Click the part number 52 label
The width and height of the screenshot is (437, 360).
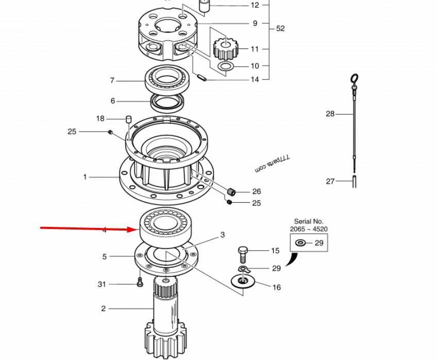(x=280, y=29)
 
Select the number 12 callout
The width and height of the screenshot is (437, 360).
(x=255, y=5)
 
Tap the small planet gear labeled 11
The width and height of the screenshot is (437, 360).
(x=225, y=48)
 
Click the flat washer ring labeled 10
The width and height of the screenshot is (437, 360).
(x=226, y=67)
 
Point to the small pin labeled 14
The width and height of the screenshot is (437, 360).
(x=202, y=78)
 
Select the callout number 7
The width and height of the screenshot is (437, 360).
(x=112, y=80)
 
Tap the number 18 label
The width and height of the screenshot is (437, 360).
(x=100, y=119)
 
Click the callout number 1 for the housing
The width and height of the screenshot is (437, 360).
(x=86, y=177)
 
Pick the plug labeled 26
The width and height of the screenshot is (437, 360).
(x=232, y=192)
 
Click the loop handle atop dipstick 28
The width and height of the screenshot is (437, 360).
(x=354, y=78)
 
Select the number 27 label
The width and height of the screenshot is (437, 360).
(x=330, y=181)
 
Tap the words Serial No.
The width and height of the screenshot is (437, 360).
(x=310, y=221)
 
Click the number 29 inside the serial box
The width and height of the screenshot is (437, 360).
(x=319, y=242)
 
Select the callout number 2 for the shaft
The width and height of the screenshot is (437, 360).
(x=104, y=308)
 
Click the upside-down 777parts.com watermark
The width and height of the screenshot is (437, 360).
(x=273, y=164)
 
